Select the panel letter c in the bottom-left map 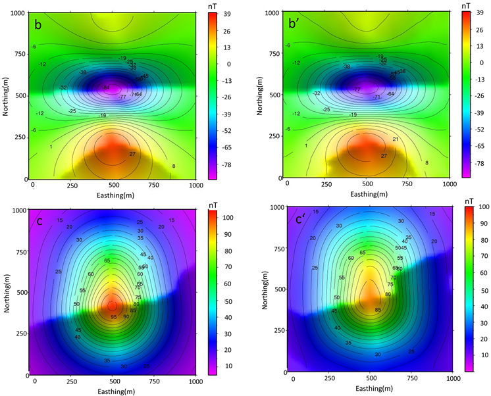pos(40,222)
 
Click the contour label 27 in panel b pos(132,154)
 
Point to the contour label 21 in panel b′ pos(395,139)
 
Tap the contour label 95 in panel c pos(113,318)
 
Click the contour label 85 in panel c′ pos(378,310)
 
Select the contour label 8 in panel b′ pos(426,162)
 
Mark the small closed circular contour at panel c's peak pos(113,306)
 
